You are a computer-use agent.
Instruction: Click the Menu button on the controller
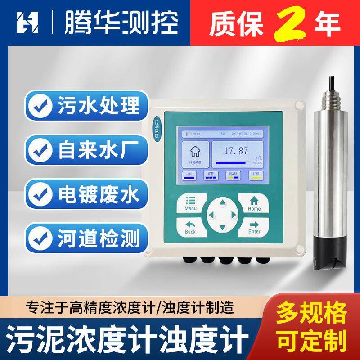(x=190, y=203)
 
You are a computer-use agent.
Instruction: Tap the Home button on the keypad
(x=254, y=203)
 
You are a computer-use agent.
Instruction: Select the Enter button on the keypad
(x=254, y=226)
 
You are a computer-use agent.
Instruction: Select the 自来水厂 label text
(x=99, y=149)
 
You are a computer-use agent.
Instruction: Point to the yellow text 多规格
(x=311, y=311)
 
